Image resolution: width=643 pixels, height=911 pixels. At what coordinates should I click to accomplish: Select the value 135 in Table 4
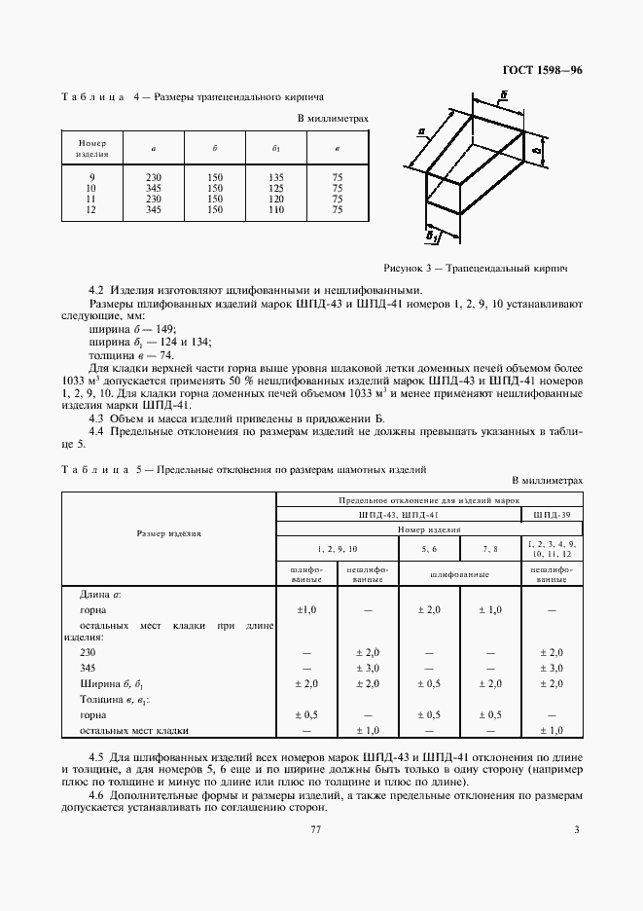[276, 177]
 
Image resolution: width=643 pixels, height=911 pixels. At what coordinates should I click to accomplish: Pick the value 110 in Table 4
[276, 209]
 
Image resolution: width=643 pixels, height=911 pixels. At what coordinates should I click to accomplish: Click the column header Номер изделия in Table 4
[92, 147]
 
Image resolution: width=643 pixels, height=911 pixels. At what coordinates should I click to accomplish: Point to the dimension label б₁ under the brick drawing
[433, 236]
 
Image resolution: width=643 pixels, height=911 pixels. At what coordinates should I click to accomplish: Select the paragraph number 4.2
[95, 289]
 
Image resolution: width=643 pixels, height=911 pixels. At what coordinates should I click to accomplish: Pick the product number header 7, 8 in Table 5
[489, 550]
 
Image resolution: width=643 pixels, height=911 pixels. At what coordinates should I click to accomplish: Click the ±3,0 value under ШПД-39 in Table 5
[552, 670]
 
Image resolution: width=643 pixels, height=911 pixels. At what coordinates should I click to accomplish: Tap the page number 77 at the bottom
[315, 829]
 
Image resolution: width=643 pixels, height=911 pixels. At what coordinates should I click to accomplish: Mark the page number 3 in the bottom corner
[576, 829]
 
